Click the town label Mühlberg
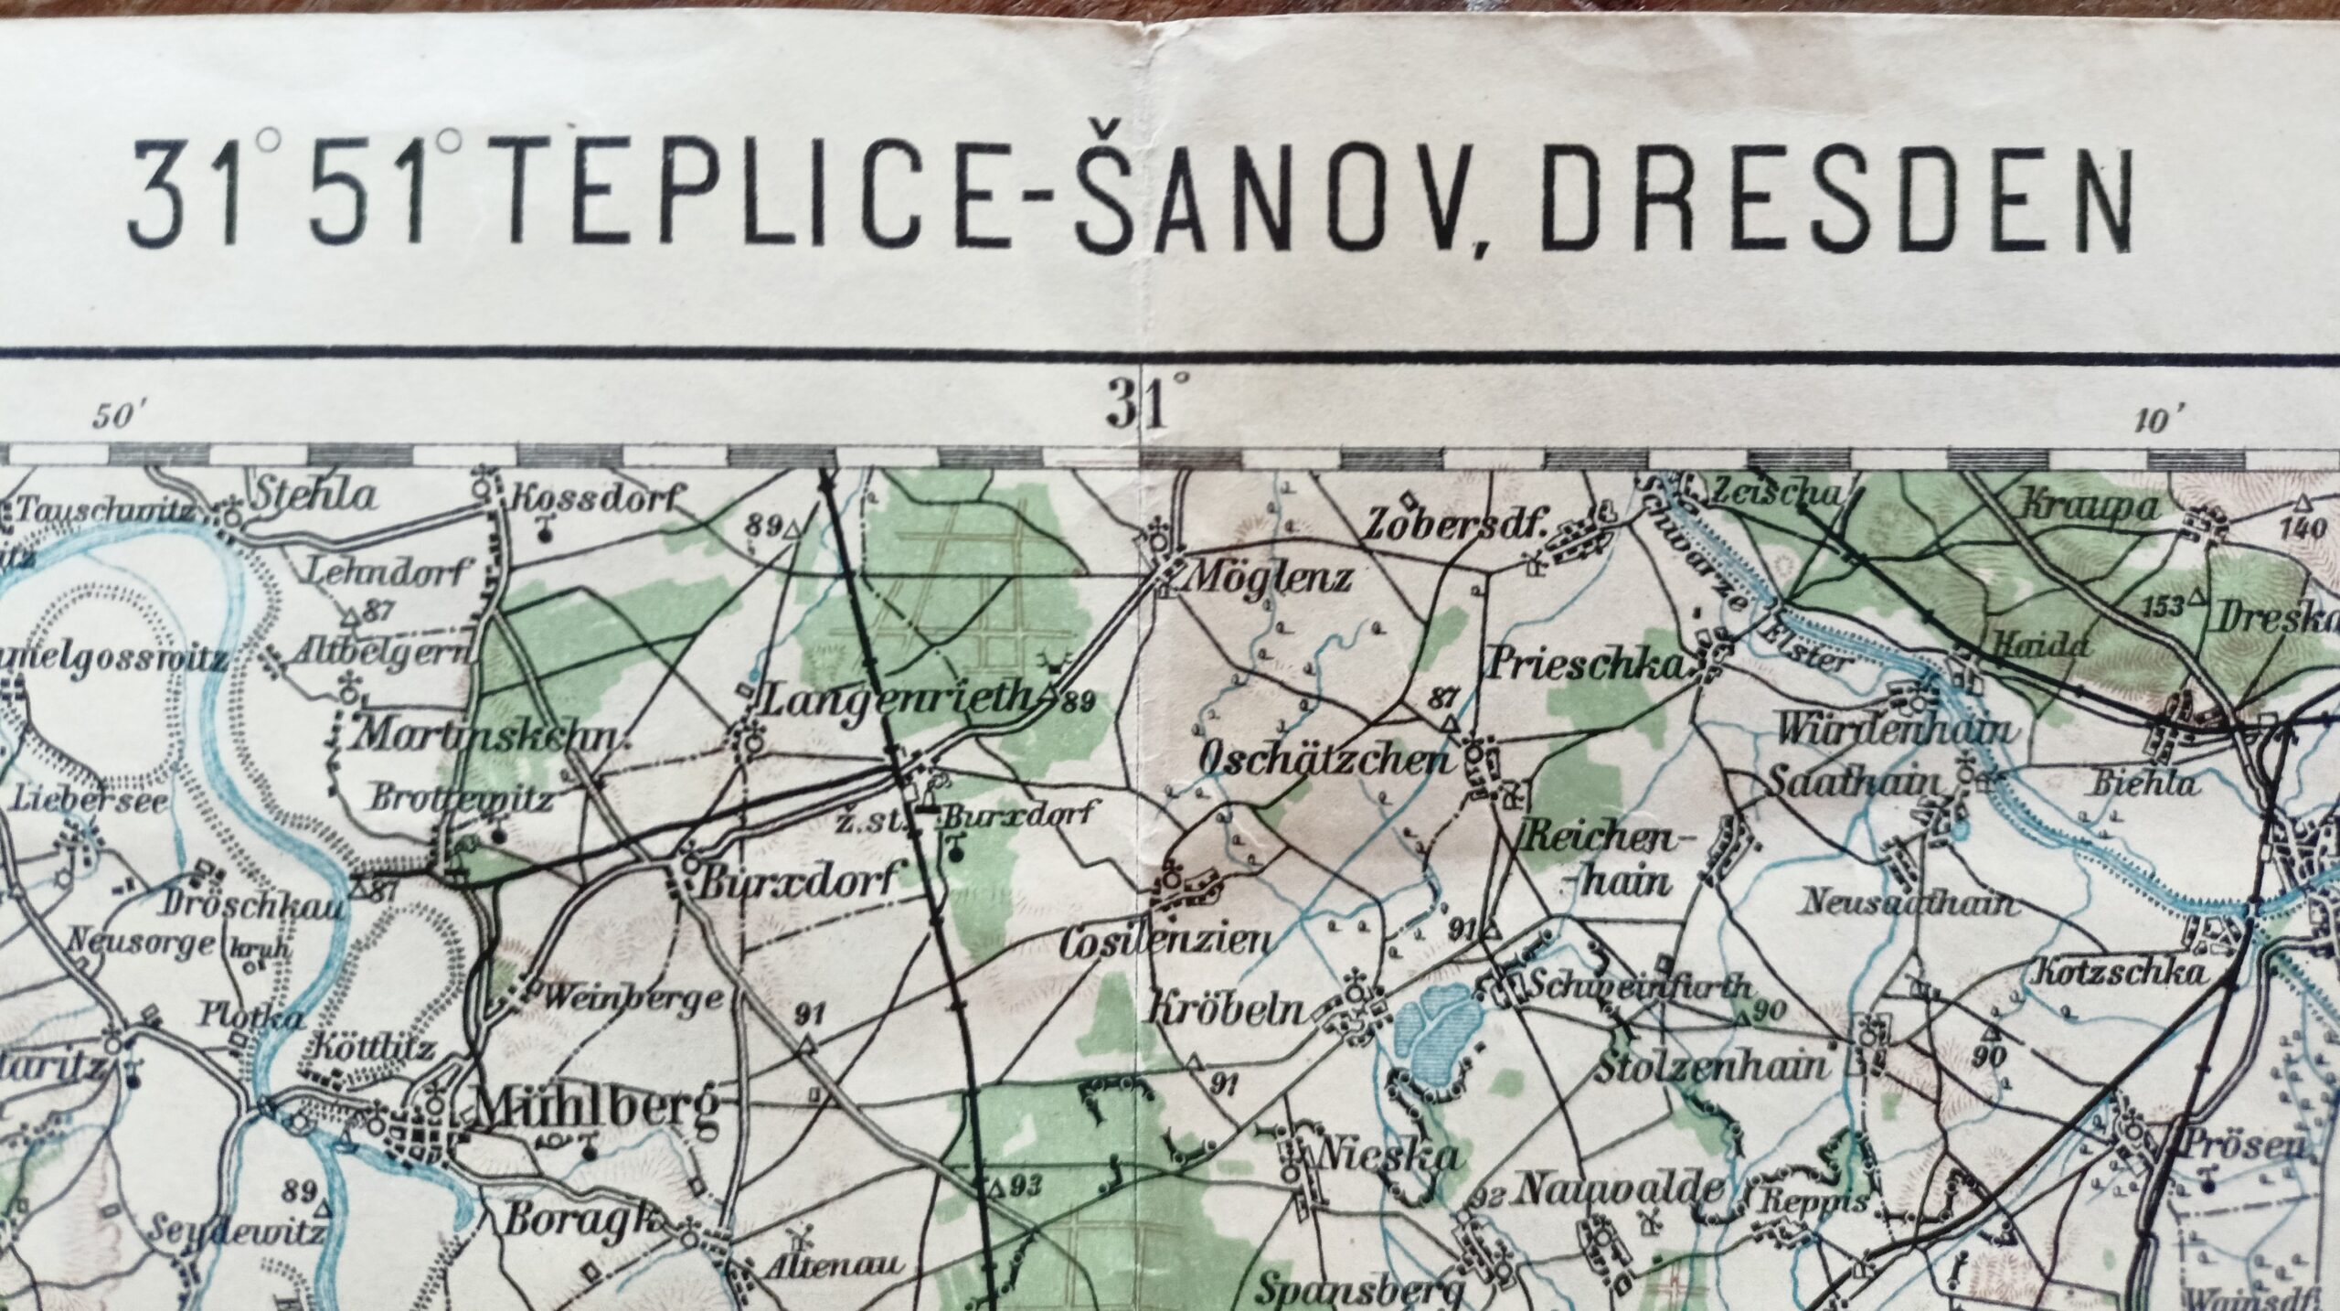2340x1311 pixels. point(594,1110)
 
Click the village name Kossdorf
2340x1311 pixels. point(598,499)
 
